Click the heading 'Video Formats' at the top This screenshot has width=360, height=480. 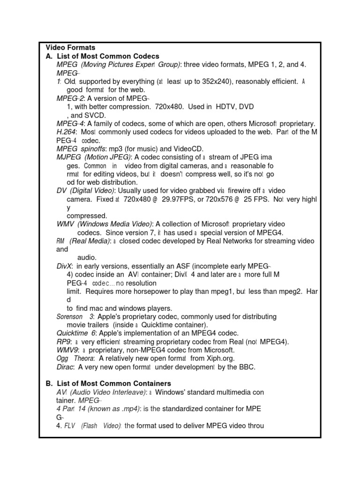coord(70,47)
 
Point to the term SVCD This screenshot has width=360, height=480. coord(95,115)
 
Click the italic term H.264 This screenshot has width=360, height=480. coord(66,132)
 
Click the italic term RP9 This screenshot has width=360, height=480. coord(63,342)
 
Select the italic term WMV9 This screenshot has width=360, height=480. coord(67,350)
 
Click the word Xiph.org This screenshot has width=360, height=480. coord(228,359)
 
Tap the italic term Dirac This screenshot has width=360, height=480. coord(65,367)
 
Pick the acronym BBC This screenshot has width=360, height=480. coord(247,367)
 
